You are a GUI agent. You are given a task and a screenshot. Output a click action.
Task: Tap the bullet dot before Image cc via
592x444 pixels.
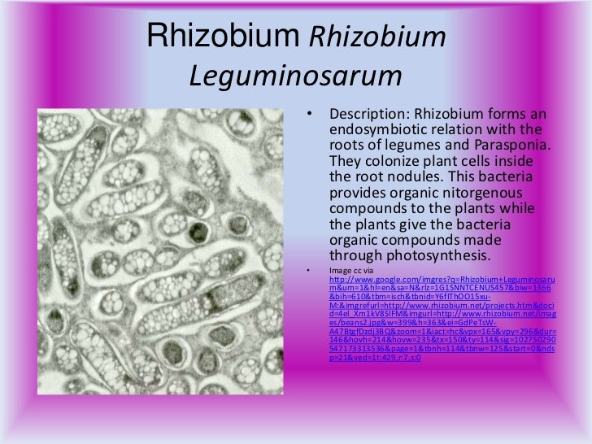309,270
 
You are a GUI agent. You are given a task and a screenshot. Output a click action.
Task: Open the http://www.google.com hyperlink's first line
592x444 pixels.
439,280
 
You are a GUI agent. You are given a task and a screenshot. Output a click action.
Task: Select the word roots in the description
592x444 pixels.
348,145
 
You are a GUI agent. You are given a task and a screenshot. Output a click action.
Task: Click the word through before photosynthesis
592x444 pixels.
355,256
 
